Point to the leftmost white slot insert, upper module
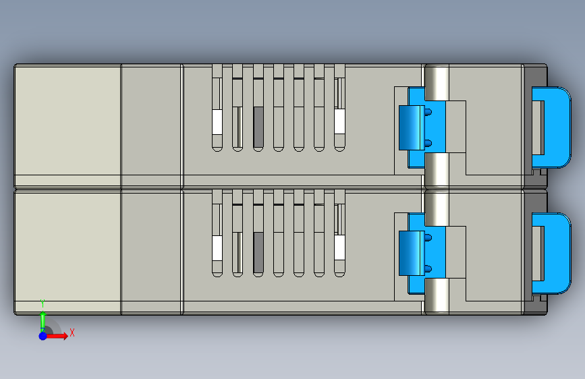pyautogui.click(x=217, y=122)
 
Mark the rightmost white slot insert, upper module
pyautogui.click(x=339, y=121)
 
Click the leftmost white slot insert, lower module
pyautogui.click(x=217, y=248)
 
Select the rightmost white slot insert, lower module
pyautogui.click(x=339, y=247)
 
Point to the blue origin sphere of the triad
pyautogui.click(x=43, y=335)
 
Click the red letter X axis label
pyautogui.click(x=72, y=332)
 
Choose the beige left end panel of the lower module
pyautogui.click(x=67, y=246)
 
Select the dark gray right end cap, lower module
pyautogui.click(x=536, y=202)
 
